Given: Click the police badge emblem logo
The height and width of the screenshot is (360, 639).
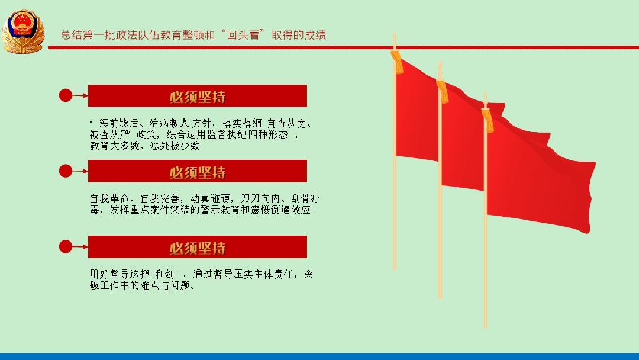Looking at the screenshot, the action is point(23,31).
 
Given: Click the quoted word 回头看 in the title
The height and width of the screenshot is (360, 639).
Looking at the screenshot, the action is point(243,35).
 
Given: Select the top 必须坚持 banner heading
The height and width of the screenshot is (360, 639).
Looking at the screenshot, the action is point(198,97).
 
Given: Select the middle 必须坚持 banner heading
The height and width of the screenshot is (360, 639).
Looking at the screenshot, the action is point(198,172).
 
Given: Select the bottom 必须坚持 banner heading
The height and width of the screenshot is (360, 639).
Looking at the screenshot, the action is point(198,247).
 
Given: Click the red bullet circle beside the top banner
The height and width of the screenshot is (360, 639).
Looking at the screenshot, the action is point(66,95).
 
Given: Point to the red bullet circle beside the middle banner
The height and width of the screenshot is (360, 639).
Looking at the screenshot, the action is point(66,171).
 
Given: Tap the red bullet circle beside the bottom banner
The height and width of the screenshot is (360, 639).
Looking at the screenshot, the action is point(66,247).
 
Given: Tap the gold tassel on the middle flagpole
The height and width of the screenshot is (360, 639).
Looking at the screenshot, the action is point(443,91).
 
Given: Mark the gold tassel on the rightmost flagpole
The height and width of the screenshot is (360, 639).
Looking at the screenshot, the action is point(488,120).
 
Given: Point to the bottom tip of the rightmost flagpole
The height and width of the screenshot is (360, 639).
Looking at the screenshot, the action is point(485,328).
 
